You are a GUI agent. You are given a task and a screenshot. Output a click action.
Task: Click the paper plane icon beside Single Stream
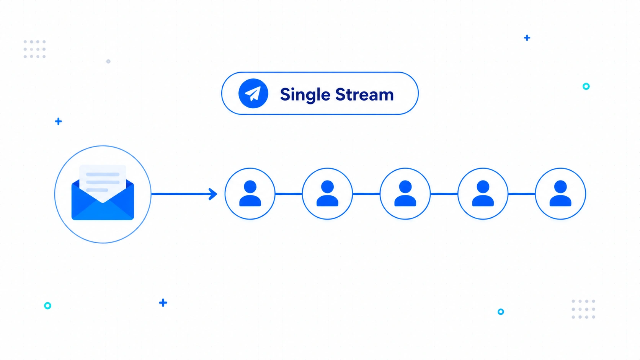[x=253, y=93]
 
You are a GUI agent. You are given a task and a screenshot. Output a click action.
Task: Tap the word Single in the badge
[x=305, y=95]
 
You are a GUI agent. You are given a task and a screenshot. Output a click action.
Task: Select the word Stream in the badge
[x=364, y=94]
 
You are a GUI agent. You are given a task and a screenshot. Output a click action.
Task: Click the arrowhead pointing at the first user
[x=213, y=194]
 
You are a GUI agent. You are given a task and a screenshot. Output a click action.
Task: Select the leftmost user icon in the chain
[x=250, y=194]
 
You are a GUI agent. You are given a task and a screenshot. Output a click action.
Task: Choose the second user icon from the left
[x=327, y=194]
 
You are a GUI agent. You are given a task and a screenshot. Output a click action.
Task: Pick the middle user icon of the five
[x=405, y=194]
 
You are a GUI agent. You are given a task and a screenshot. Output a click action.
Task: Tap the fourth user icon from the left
[x=483, y=194]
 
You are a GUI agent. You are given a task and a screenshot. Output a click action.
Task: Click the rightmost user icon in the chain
[x=560, y=194]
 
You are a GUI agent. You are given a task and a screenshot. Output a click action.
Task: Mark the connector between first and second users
[x=289, y=194]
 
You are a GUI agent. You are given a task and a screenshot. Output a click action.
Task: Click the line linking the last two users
[x=522, y=194]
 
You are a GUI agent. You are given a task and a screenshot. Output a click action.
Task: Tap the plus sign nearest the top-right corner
[x=527, y=38]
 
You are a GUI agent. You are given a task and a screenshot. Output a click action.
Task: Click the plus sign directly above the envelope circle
[x=58, y=121]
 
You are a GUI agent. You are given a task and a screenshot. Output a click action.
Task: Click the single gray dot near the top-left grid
[x=108, y=61]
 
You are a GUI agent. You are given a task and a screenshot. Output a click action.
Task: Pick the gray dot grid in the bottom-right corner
[x=583, y=309]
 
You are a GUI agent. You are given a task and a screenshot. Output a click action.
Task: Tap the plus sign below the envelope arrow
[x=163, y=303]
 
